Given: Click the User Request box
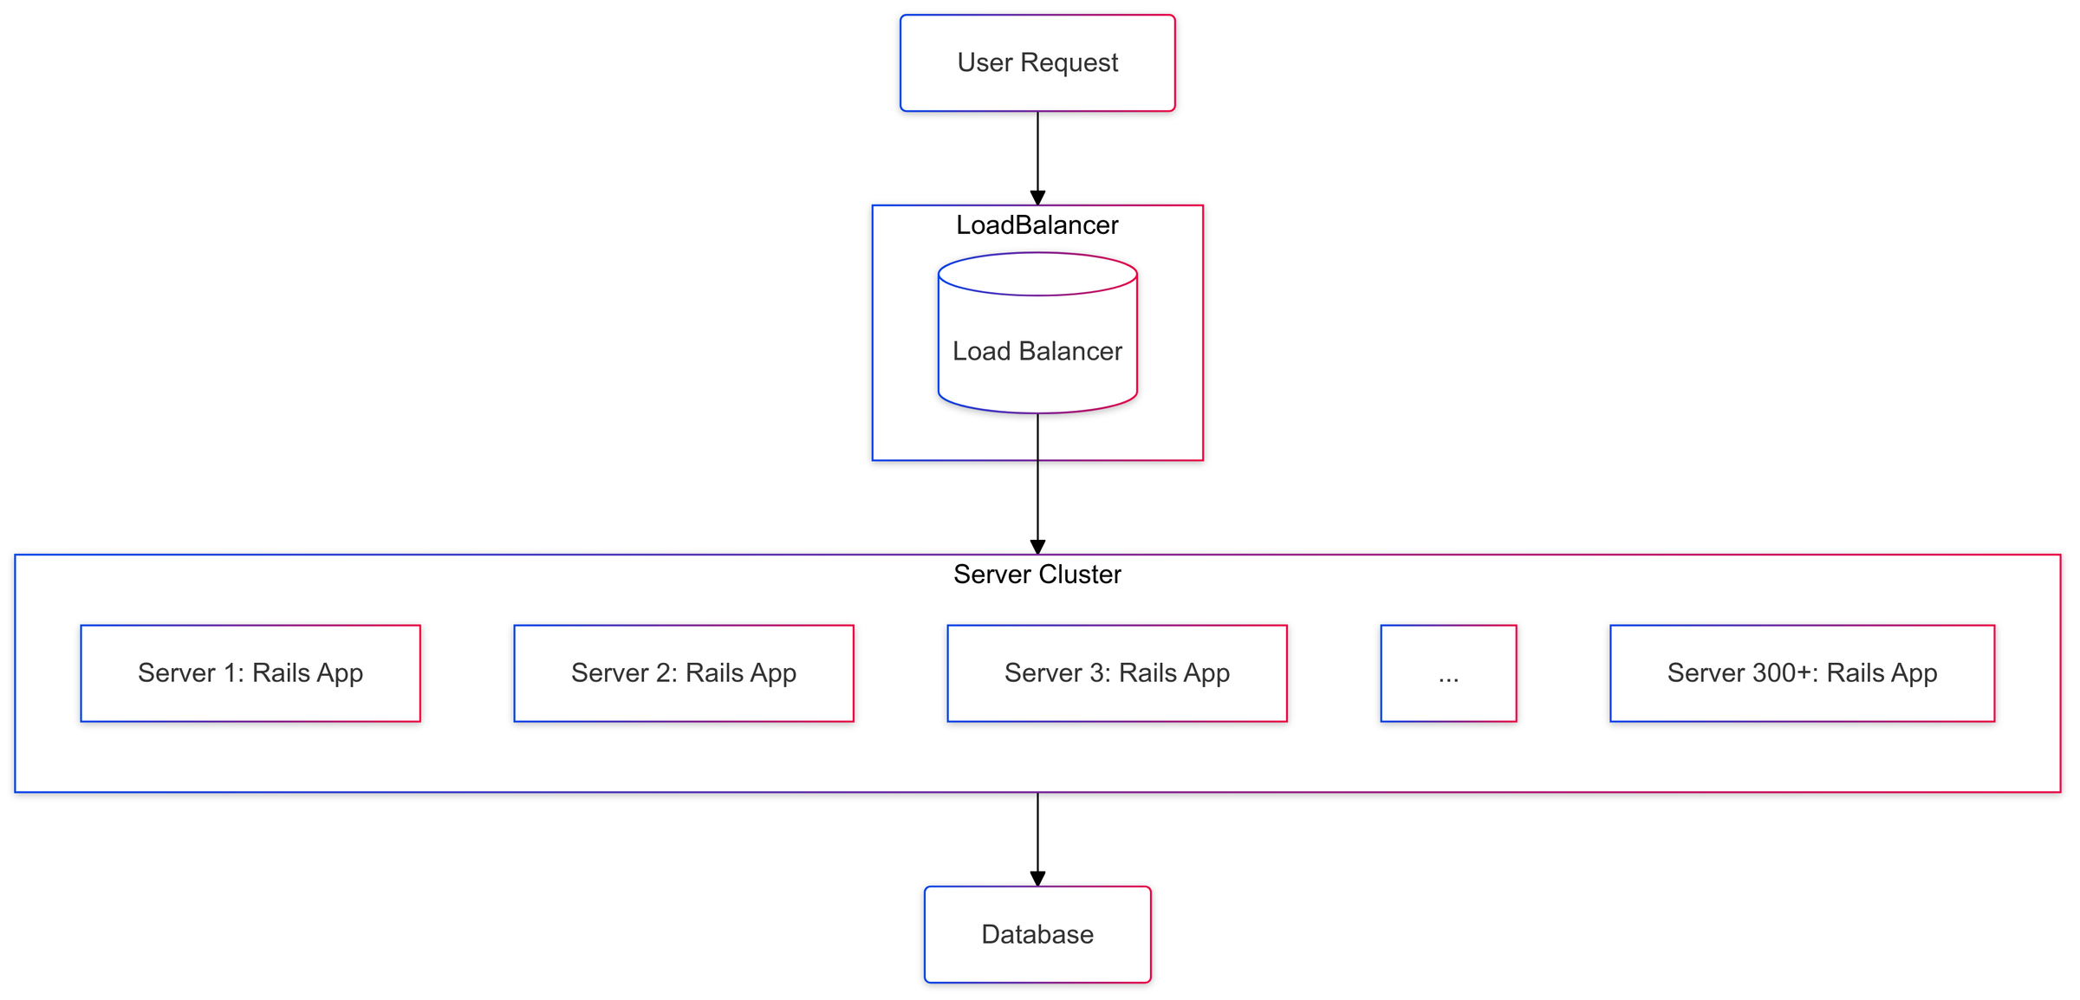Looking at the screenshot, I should (x=1037, y=62).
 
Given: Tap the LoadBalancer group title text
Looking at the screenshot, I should (x=1037, y=225).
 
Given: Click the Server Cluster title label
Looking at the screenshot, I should (x=1037, y=575).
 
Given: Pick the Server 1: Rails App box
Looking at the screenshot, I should (x=250, y=673).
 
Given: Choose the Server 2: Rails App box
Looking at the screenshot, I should (x=684, y=673).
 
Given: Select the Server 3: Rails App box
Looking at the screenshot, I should (x=1117, y=673).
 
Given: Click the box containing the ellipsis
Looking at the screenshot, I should (x=1448, y=673).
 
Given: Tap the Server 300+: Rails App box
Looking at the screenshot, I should (x=1802, y=673).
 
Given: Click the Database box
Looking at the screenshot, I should (x=1037, y=934).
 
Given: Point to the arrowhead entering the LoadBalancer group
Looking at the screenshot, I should (x=1037, y=198).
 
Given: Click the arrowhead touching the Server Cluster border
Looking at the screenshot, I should (x=1037, y=547).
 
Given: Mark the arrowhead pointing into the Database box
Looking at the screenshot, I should (x=1037, y=879).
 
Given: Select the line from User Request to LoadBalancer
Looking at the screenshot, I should (x=1037, y=152).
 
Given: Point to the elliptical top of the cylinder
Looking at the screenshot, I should (x=1037, y=274).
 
